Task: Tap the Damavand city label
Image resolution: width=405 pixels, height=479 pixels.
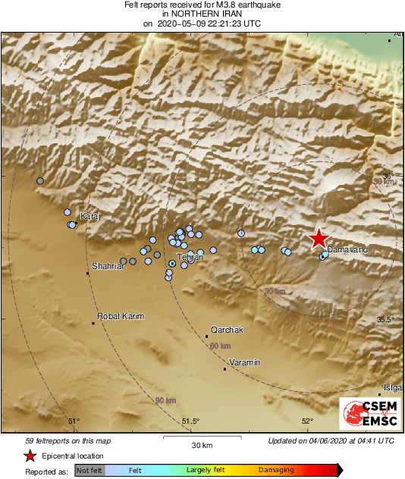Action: [347, 249]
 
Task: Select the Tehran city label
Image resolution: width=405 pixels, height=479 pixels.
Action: [189, 258]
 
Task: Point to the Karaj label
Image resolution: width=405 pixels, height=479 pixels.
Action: [90, 216]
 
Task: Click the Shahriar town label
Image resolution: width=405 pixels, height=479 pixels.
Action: [106, 266]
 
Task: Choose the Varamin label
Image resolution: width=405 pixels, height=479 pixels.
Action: [244, 362]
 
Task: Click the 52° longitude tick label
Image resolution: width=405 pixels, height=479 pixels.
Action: [307, 421]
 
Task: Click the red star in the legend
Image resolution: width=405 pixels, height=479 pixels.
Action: [30, 456]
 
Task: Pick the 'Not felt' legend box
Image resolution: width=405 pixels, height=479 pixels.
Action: [89, 471]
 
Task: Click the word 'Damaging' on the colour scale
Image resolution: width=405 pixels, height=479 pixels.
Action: [276, 471]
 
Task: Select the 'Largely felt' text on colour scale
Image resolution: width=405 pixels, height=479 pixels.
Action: [203, 471]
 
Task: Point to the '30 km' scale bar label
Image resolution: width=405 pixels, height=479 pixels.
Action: [202, 445]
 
